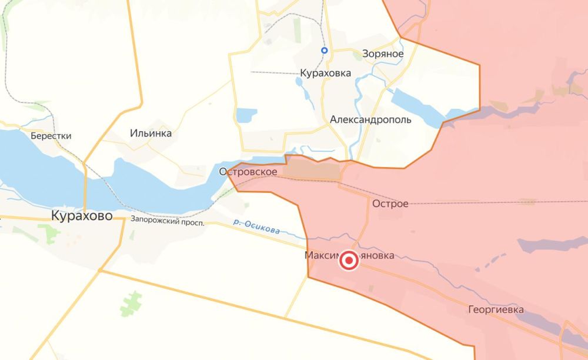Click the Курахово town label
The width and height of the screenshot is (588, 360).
point(82,216)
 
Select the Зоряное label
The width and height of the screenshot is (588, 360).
point(383,54)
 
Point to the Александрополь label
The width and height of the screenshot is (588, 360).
point(370,119)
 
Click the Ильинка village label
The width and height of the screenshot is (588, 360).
point(151,134)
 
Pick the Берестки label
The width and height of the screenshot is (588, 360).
point(52,136)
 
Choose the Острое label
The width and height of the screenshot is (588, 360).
point(390,204)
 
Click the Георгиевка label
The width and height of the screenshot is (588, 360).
point(496,309)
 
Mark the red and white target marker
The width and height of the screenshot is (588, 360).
point(349,261)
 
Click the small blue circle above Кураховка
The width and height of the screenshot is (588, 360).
point(324,51)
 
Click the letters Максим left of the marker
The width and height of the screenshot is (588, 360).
point(321,256)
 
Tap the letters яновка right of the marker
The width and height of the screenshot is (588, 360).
point(377,256)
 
